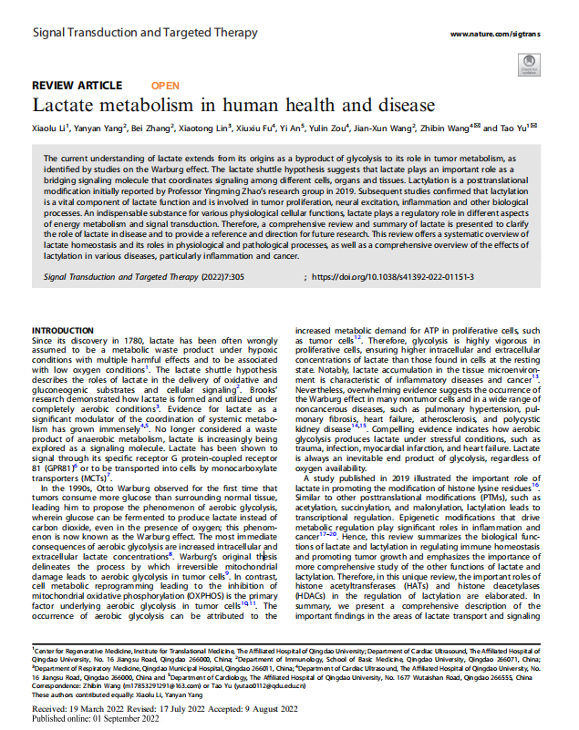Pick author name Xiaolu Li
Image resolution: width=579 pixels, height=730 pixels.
tap(52, 129)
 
